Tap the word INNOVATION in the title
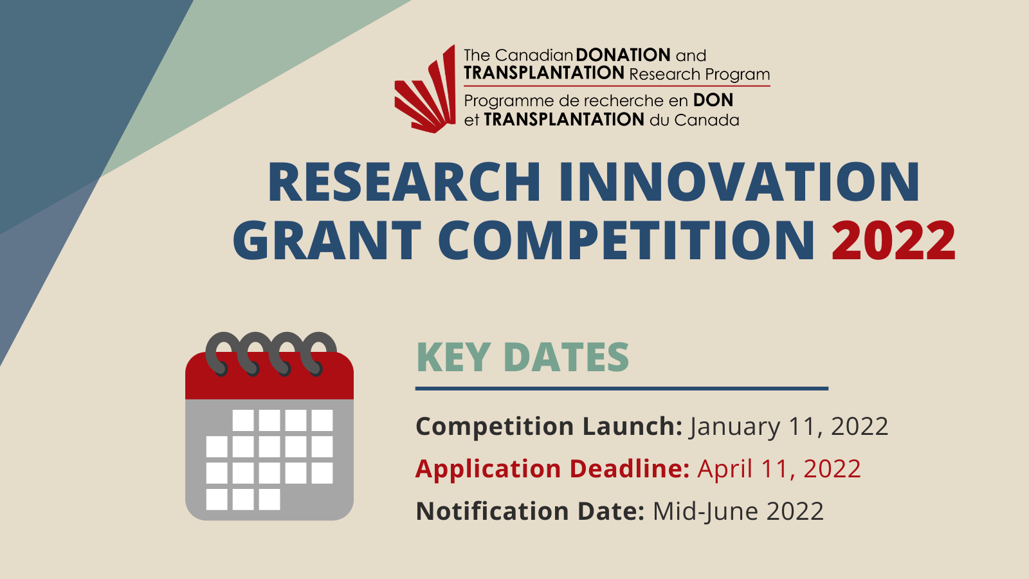[x=740, y=182]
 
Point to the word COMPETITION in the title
[x=626, y=241]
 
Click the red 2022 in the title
[x=894, y=241]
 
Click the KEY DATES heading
[x=523, y=357]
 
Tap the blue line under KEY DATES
[x=621, y=389]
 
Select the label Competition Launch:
[x=549, y=427]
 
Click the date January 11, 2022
[x=788, y=427]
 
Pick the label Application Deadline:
[x=552, y=469]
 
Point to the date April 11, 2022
[x=779, y=469]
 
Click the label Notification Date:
[x=531, y=511]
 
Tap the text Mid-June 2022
[x=738, y=511]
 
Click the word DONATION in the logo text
[x=623, y=55]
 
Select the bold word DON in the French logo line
[x=713, y=100]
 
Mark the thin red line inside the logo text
[x=617, y=86]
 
